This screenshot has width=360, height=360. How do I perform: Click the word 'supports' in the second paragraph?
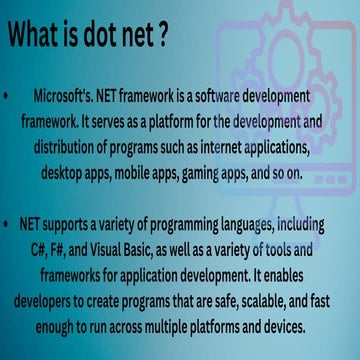[x=75, y=247]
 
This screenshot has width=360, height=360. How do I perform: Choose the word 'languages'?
[x=265, y=247]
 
